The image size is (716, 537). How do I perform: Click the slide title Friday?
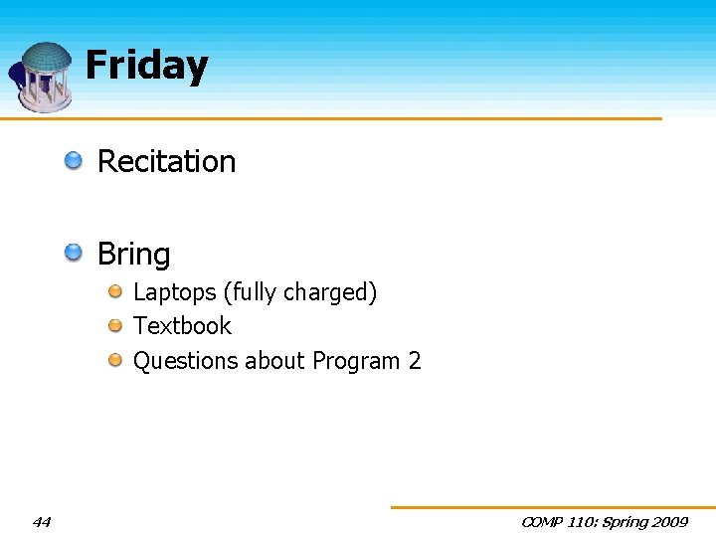coord(146,66)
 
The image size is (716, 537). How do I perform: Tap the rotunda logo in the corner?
coord(42,77)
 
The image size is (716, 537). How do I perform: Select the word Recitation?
coord(166,161)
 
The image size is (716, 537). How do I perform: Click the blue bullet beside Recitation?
coord(75,160)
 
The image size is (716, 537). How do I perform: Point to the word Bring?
coord(133,255)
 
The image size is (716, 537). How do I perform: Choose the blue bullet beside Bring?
coord(75,253)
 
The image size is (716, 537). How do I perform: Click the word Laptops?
coord(175,292)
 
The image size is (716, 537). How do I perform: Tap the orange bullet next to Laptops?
coord(115,291)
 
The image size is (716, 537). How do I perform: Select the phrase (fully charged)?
coord(300,292)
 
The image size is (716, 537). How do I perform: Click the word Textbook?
coord(182,326)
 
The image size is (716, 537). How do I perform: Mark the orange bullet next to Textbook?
coord(115,325)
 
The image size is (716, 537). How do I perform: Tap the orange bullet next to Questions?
coord(115,360)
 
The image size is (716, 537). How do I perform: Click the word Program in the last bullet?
coord(356,361)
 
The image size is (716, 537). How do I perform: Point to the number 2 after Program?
coord(415,361)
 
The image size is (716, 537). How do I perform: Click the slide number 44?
coord(42,521)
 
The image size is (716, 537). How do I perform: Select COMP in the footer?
coord(542,522)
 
